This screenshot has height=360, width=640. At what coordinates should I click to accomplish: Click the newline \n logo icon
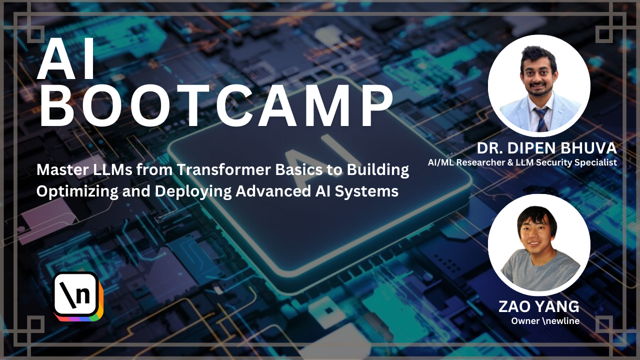click(x=76, y=295)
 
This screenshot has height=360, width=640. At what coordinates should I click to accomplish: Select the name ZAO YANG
click(x=539, y=306)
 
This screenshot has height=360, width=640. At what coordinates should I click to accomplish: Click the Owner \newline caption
click(x=545, y=321)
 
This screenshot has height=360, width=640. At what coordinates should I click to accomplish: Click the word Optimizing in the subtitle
click(x=77, y=191)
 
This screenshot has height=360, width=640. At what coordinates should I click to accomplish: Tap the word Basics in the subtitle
click(x=298, y=170)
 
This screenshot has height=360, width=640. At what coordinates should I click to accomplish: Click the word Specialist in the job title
click(x=598, y=162)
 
